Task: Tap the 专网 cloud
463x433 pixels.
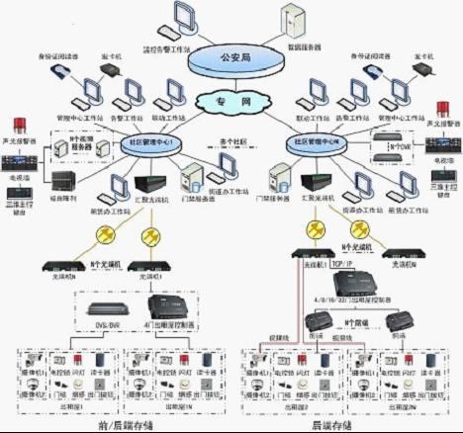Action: (230, 101)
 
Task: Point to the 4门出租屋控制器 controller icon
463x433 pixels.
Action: (167, 308)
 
